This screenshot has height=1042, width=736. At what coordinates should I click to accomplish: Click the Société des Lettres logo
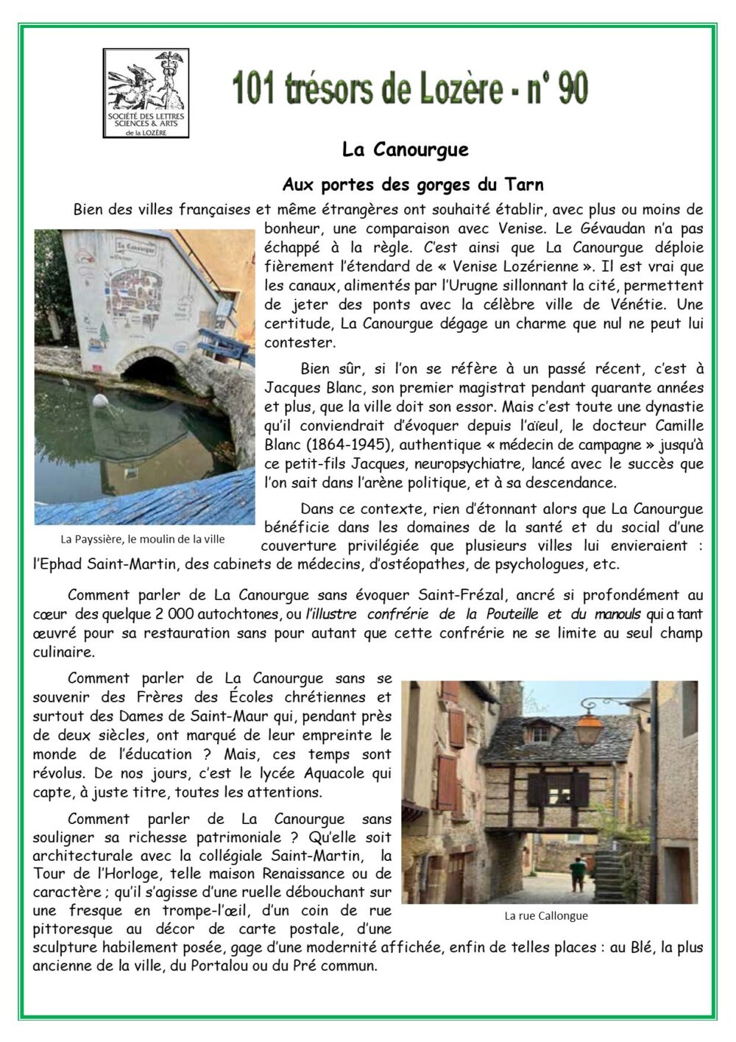146,93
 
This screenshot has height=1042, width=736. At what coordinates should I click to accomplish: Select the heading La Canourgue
405,149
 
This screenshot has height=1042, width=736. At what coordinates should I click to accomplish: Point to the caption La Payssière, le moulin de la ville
143,538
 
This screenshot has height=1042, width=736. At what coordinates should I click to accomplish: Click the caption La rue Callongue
546,916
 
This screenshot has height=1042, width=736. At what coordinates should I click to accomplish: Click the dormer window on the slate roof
541,733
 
